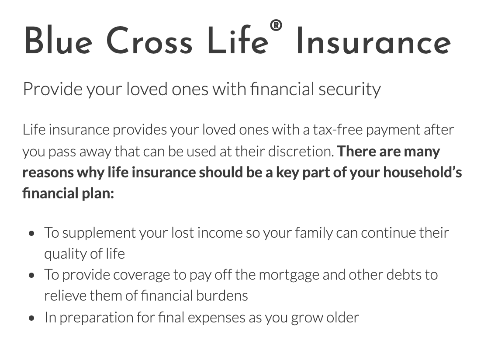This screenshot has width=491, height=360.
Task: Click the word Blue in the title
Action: point(58,41)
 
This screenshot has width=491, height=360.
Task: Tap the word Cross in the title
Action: point(149,41)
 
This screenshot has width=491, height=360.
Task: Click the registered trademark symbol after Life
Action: point(276,25)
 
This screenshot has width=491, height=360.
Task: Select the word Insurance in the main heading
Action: point(373,41)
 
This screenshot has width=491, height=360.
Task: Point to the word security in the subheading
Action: point(349,89)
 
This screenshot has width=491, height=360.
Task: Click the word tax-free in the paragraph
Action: point(338,130)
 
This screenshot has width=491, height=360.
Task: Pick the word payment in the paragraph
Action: point(393,131)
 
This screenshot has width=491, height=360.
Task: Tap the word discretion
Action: point(301,151)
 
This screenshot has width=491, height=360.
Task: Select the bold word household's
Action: point(423,172)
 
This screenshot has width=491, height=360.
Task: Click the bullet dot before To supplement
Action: point(31,233)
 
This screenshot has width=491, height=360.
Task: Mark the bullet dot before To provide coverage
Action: point(31,275)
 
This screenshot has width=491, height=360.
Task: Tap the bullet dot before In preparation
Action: point(31,318)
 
